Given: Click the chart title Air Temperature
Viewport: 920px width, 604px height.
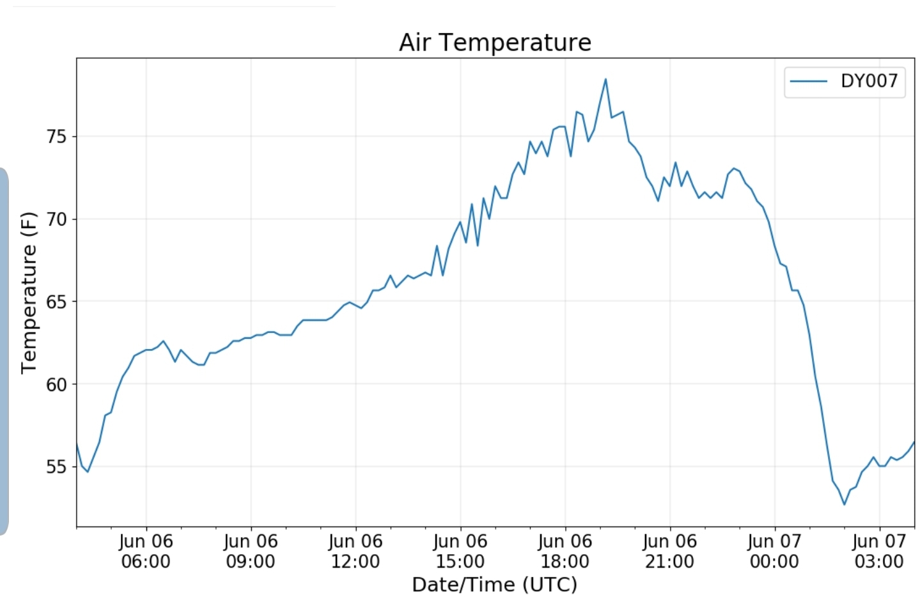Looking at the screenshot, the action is pyautogui.click(x=495, y=42).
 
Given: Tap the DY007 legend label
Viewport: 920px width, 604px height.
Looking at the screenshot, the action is pyautogui.click(x=869, y=81).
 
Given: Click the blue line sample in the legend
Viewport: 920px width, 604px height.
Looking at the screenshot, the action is pyautogui.click(x=808, y=81).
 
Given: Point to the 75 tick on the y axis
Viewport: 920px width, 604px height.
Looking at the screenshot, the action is pyautogui.click(x=56, y=136).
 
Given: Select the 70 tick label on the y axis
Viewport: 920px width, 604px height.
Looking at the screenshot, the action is pyautogui.click(x=56, y=219).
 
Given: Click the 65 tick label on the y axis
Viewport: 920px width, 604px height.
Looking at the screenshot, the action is pyautogui.click(x=56, y=302).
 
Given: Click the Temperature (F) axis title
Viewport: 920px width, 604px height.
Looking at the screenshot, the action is pyautogui.click(x=29, y=293).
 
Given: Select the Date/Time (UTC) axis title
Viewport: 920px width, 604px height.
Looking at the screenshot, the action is pyautogui.click(x=495, y=584).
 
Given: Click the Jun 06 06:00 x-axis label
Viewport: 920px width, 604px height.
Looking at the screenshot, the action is pyautogui.click(x=146, y=551).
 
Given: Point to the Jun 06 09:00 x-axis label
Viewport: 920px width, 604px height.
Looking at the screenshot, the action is pyautogui.click(x=251, y=551).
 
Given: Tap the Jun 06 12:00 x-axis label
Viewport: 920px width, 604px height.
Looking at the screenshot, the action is pyautogui.click(x=355, y=551).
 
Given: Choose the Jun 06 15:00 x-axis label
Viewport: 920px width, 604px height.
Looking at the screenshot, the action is pyautogui.click(x=460, y=551).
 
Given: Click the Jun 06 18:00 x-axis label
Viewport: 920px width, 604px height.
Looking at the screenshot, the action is pyautogui.click(x=565, y=551).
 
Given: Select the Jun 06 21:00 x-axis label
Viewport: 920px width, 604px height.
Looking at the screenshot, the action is pyautogui.click(x=670, y=551).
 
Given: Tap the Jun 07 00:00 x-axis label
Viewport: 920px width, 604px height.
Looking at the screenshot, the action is pyautogui.click(x=775, y=551).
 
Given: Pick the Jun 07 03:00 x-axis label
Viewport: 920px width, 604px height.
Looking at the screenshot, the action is pyautogui.click(x=879, y=551).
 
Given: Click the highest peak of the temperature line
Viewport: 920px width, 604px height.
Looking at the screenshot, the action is pyautogui.click(x=605, y=79).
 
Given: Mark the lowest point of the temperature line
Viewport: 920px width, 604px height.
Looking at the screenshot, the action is pyautogui.click(x=845, y=504).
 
